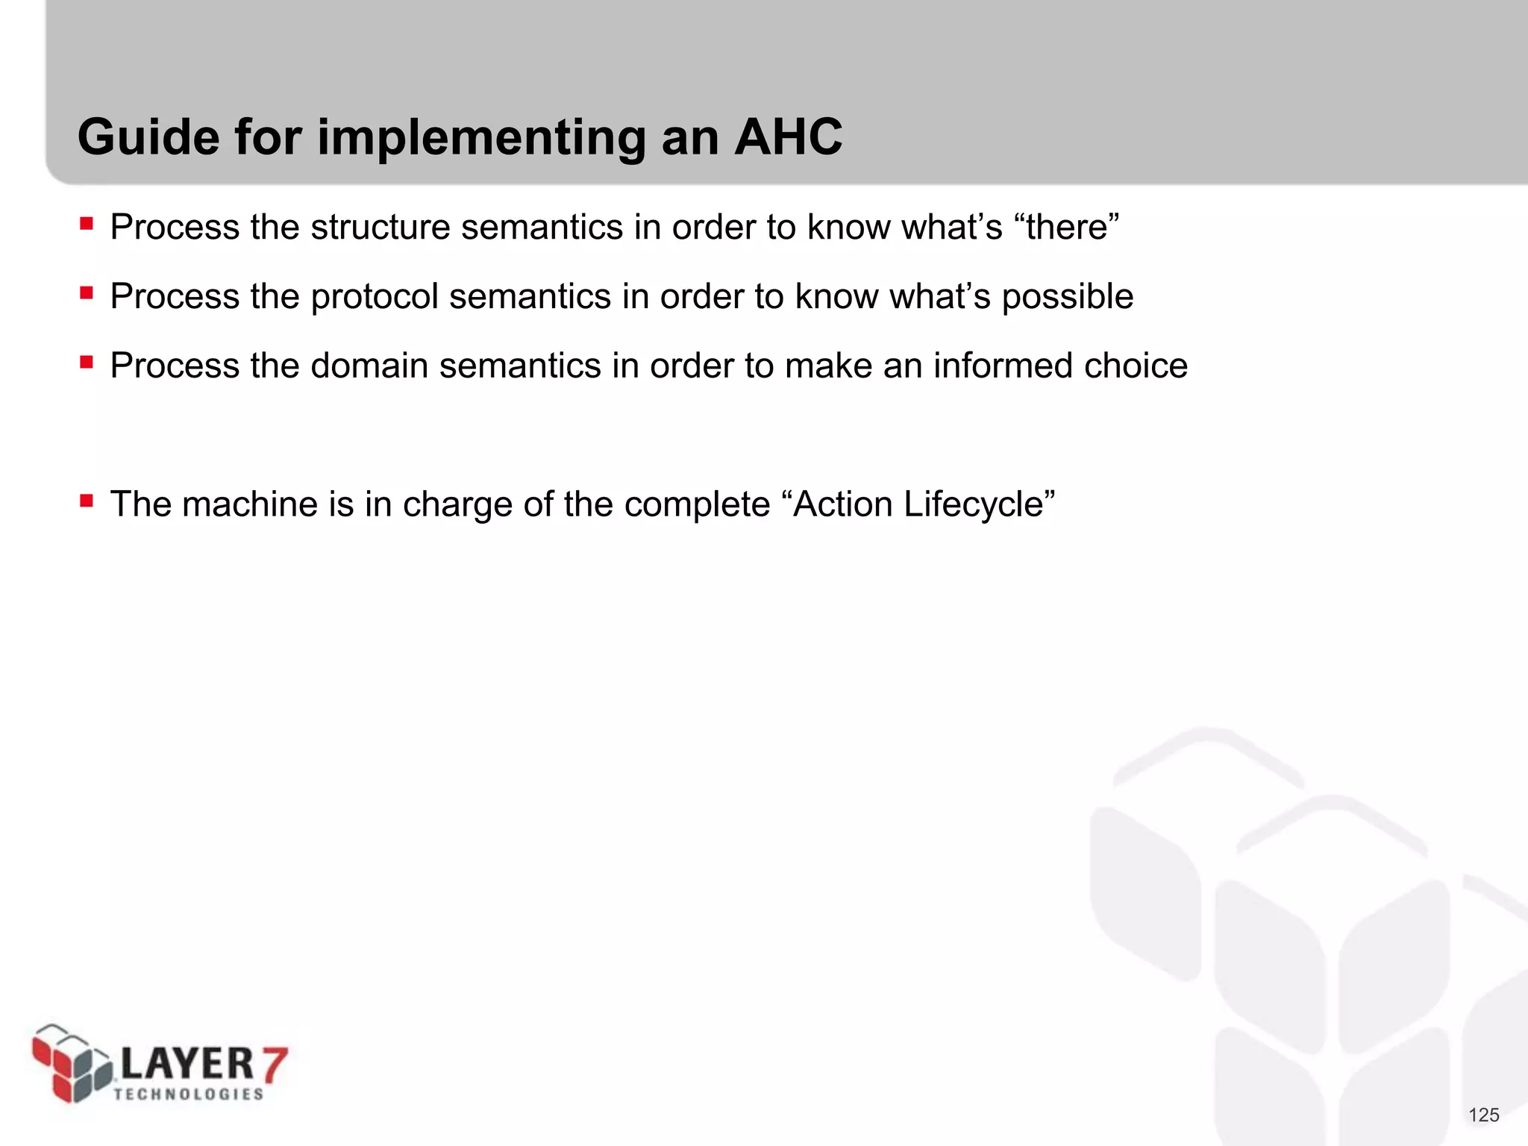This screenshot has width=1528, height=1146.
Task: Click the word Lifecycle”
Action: tap(978, 504)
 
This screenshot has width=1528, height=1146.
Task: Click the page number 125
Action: tap(1483, 1115)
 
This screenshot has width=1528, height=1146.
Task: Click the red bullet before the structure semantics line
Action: tap(87, 223)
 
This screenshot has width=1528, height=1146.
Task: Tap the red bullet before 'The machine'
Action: tap(87, 500)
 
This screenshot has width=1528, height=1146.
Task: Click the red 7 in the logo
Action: tap(273, 1065)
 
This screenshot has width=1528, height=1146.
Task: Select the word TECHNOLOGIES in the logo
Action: tap(189, 1095)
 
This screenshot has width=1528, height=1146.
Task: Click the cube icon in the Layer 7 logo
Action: tap(70, 1063)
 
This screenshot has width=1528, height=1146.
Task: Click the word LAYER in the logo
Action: tap(187, 1064)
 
